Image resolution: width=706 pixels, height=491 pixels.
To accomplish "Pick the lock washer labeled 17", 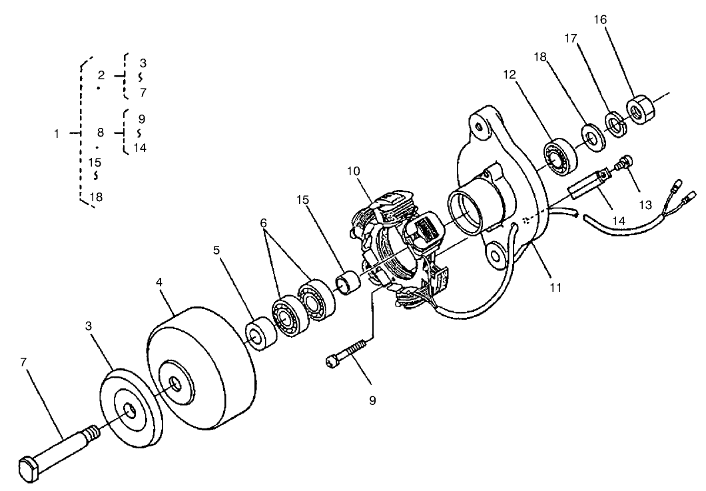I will tap(614, 124).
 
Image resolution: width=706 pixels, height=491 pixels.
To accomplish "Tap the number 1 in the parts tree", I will tap(57, 133).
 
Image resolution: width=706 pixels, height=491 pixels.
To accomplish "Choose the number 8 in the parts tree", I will tap(101, 133).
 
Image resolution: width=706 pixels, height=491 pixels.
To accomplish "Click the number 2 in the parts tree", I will tap(101, 75).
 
